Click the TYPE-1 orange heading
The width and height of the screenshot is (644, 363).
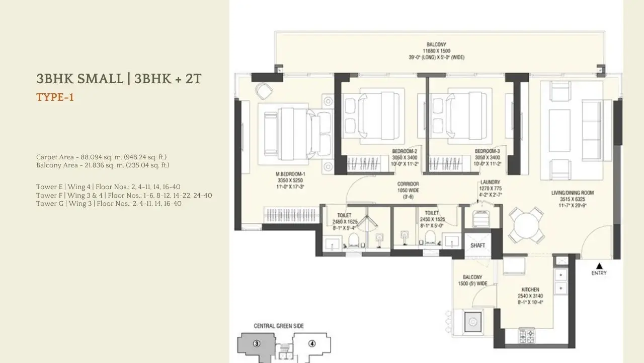click(x=55, y=97)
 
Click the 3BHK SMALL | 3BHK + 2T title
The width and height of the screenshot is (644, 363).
click(x=119, y=79)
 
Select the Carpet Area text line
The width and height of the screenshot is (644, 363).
click(x=101, y=157)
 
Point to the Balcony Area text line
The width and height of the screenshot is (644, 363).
click(x=103, y=165)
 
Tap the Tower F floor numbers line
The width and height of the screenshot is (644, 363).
click(x=124, y=195)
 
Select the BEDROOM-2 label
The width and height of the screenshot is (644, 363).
click(x=405, y=151)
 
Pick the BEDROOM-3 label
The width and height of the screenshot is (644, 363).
click(x=487, y=151)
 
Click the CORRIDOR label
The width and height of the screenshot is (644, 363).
click(x=408, y=184)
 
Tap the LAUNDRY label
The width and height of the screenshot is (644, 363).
click(x=490, y=182)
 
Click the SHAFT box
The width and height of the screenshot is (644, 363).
click(x=477, y=245)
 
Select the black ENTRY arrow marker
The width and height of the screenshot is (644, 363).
click(x=599, y=266)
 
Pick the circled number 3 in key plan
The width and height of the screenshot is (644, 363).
click(x=257, y=344)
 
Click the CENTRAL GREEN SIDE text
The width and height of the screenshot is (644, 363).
click(x=278, y=326)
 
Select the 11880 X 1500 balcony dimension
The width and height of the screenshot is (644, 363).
click(x=436, y=50)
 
